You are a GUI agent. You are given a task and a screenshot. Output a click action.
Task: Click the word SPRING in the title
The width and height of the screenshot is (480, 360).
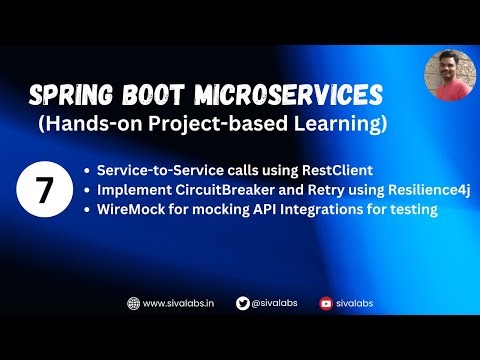pos(69,96)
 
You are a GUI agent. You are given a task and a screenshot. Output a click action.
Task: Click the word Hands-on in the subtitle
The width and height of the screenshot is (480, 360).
pos(95,125)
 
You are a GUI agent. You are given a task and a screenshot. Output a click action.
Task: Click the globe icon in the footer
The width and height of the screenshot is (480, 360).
pos(132,302)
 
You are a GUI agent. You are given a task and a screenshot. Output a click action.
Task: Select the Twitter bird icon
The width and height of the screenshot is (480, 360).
pos(243,302)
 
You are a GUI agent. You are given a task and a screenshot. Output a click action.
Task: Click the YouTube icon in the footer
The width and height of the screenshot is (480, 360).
pos(325,302)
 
